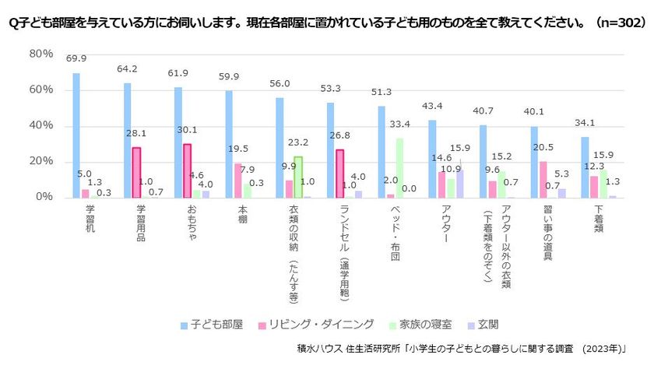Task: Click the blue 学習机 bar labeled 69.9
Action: pyautogui.click(x=76, y=135)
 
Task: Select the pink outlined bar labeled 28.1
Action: pyautogui.click(x=136, y=173)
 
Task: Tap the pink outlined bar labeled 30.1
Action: pyautogui.click(x=188, y=171)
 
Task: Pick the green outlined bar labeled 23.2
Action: pyautogui.click(x=298, y=177)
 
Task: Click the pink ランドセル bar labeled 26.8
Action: pyautogui.click(x=340, y=174)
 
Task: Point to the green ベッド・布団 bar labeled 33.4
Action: pyautogui.click(x=399, y=168)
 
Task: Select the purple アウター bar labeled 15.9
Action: pyautogui.click(x=460, y=184)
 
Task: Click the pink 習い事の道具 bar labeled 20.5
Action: pyautogui.click(x=543, y=180)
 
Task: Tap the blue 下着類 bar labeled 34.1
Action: pyautogui.click(x=585, y=167)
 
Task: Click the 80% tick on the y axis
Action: pyautogui.click(x=40, y=54)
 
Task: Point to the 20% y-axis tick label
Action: pyautogui.click(x=40, y=161)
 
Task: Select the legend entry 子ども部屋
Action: pyautogui.click(x=212, y=325)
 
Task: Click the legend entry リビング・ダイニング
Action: pyautogui.click(x=316, y=325)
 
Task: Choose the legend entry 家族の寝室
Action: pyautogui.click(x=420, y=325)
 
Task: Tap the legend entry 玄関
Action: pyautogui.click(x=483, y=325)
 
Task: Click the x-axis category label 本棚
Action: pyautogui.click(x=243, y=214)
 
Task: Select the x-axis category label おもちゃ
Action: pyautogui.click(x=192, y=223)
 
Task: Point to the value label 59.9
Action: pyautogui.click(x=229, y=77)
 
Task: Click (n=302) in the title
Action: pyautogui.click(x=621, y=22)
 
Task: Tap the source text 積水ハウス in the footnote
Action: pyautogui.click(x=319, y=349)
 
